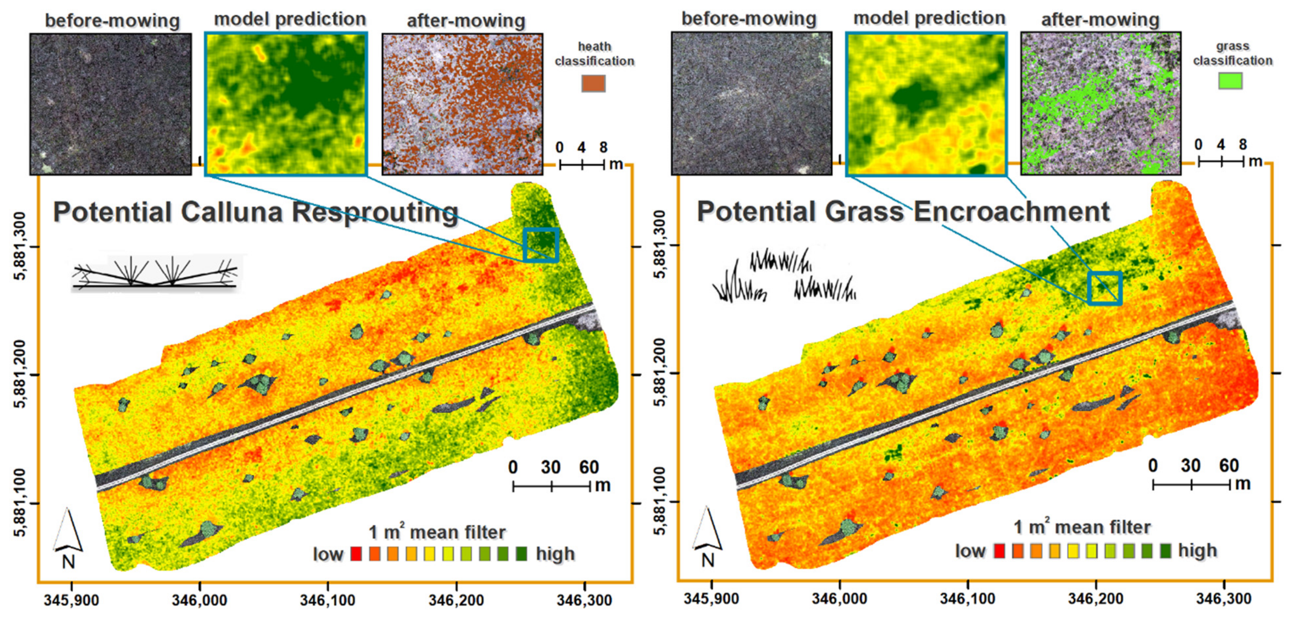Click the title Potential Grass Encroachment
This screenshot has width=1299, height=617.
tap(903, 211)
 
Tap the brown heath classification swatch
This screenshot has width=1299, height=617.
tap(593, 84)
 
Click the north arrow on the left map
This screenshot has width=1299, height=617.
tap(68, 537)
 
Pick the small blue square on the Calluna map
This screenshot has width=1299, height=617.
tap(541, 245)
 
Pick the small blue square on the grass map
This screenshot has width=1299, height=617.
tap(1105, 288)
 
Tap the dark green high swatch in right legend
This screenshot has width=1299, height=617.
tap(1165, 551)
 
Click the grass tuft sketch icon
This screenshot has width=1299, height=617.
tap(784, 276)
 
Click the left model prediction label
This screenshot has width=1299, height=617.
tap(290, 19)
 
